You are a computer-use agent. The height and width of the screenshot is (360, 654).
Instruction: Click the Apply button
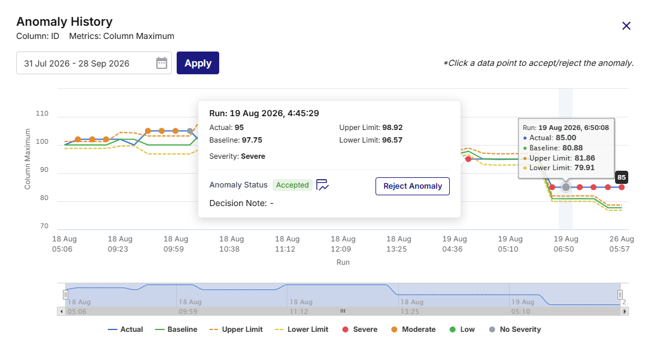(198, 63)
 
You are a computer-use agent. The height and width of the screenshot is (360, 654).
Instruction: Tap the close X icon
(626, 26)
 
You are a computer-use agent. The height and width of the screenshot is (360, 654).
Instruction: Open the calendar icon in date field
(162, 63)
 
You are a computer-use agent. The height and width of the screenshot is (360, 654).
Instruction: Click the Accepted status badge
(292, 185)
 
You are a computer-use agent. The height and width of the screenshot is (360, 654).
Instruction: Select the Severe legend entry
(359, 329)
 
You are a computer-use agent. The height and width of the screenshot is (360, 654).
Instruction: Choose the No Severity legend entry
(514, 329)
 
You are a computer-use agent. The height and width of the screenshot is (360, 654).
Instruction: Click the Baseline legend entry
(176, 329)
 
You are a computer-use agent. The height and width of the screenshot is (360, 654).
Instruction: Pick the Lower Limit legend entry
(302, 329)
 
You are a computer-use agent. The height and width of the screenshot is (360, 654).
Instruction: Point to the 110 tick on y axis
(42, 113)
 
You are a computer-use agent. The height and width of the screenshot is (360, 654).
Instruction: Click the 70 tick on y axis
(44, 226)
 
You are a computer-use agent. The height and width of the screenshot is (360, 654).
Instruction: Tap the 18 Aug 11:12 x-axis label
(287, 244)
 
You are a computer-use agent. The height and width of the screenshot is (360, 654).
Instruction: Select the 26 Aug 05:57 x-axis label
(622, 244)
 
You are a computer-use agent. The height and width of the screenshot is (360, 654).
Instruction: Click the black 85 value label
(622, 177)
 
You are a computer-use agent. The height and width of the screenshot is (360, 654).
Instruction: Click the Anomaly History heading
(65, 22)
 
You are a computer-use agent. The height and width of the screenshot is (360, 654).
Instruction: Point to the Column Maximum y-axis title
(28, 159)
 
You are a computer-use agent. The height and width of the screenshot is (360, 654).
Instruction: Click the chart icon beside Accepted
(322, 185)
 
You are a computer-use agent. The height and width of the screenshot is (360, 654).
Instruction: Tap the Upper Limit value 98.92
(392, 128)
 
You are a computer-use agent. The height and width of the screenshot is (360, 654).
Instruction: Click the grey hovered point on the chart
(565, 187)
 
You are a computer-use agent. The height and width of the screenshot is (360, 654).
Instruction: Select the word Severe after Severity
(253, 156)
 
